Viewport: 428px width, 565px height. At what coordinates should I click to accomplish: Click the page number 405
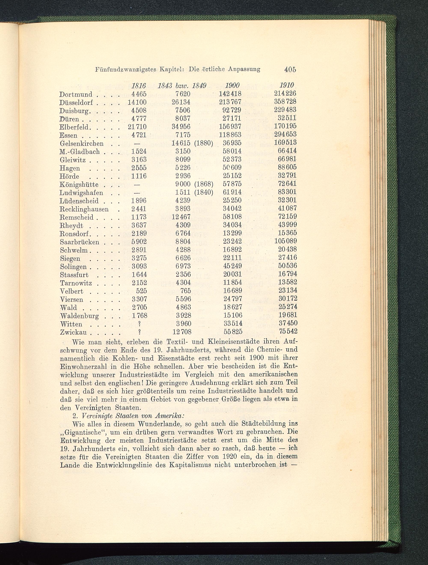point(290,70)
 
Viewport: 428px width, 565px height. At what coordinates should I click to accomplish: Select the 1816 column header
point(138,86)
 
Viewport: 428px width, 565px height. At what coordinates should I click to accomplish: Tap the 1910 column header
point(287,85)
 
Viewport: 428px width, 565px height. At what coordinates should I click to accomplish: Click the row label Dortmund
point(76,95)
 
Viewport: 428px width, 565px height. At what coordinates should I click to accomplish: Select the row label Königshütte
point(79,184)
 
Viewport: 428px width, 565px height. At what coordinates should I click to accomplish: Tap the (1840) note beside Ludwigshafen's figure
point(204,192)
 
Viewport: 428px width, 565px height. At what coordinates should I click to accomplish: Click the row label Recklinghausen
point(84,209)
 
